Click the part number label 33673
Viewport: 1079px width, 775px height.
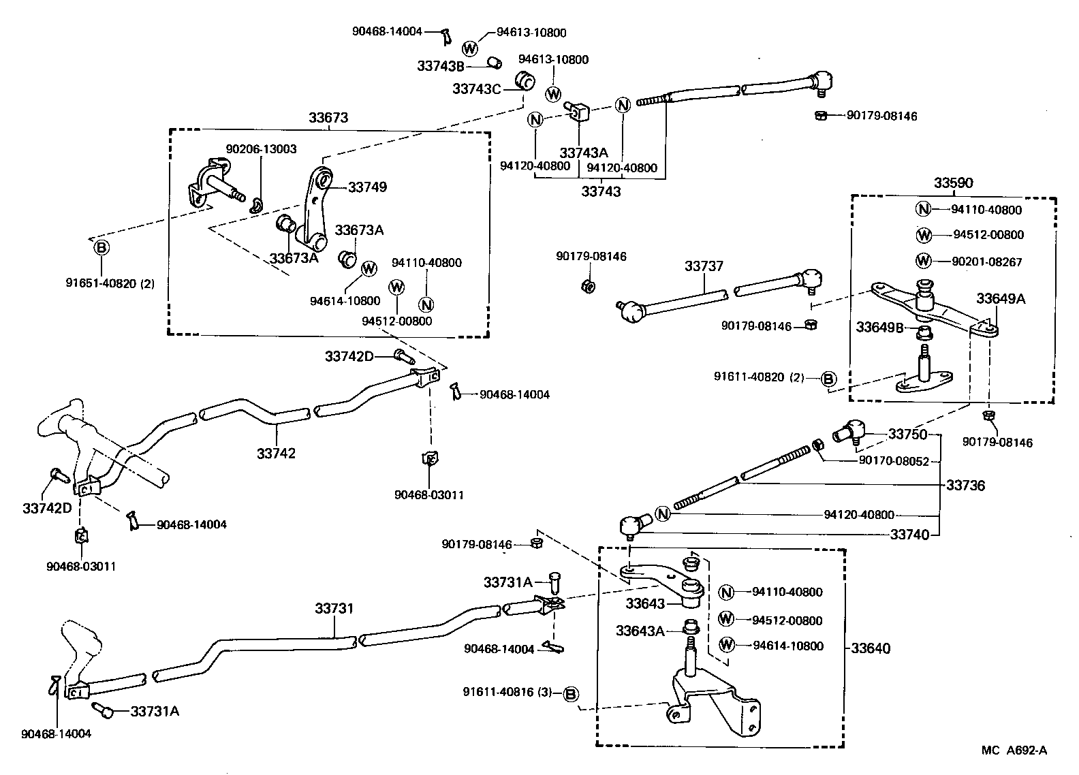tap(328, 118)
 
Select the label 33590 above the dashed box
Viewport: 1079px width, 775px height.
tap(953, 183)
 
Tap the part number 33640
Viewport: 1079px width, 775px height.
tap(871, 648)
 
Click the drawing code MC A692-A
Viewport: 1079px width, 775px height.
tap(1014, 750)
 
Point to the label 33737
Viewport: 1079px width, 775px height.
tap(704, 266)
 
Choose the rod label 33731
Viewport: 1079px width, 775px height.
tap(334, 608)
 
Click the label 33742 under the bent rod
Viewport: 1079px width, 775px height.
tap(277, 453)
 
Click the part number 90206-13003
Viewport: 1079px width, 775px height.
tap(261, 149)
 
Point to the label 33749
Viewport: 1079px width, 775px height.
tap(367, 187)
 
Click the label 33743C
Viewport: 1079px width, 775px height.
tap(477, 89)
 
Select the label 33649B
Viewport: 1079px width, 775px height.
tap(879, 328)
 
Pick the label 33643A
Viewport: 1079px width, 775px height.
tap(640, 631)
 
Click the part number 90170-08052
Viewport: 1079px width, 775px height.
tap(894, 461)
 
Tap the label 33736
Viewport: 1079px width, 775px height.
tap(965, 486)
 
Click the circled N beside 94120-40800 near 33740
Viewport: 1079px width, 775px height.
tap(663, 514)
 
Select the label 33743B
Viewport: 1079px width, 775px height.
tap(441, 66)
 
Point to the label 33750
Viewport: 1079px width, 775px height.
tap(908, 434)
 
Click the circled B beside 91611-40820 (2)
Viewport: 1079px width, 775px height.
tap(828, 379)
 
